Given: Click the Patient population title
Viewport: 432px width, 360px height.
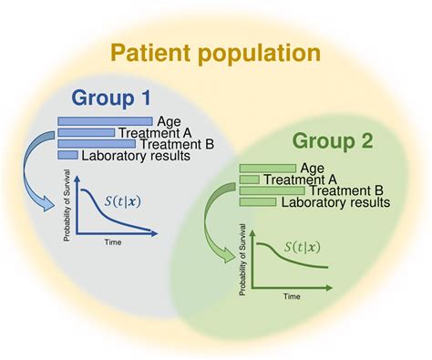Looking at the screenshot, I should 216,52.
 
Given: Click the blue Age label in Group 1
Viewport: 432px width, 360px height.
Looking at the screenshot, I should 169,120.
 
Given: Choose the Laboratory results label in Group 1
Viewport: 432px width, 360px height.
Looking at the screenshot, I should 136,156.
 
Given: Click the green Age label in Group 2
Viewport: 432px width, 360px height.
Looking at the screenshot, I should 313,168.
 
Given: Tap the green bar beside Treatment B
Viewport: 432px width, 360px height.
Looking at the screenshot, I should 273,190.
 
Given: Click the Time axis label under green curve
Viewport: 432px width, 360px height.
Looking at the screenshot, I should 291,296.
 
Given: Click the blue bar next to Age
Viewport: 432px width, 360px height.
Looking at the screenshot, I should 104,120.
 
